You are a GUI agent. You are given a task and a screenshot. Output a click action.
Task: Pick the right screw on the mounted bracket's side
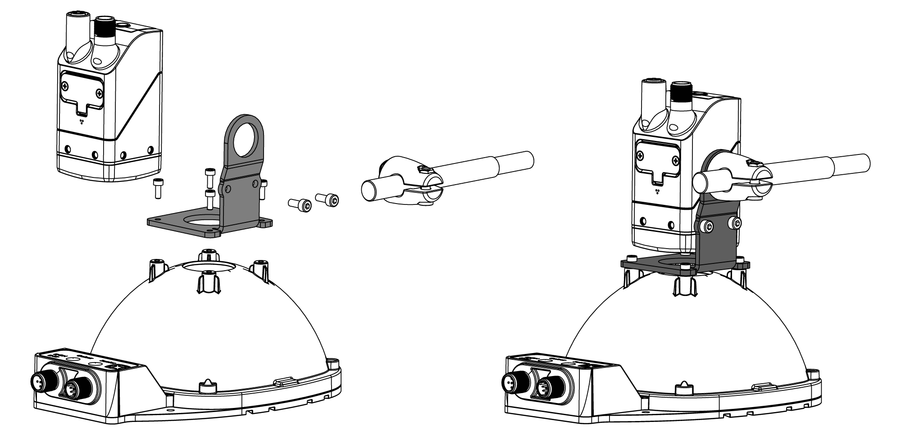point(737,222)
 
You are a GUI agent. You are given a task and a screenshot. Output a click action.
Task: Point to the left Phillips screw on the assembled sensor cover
point(640,155)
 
